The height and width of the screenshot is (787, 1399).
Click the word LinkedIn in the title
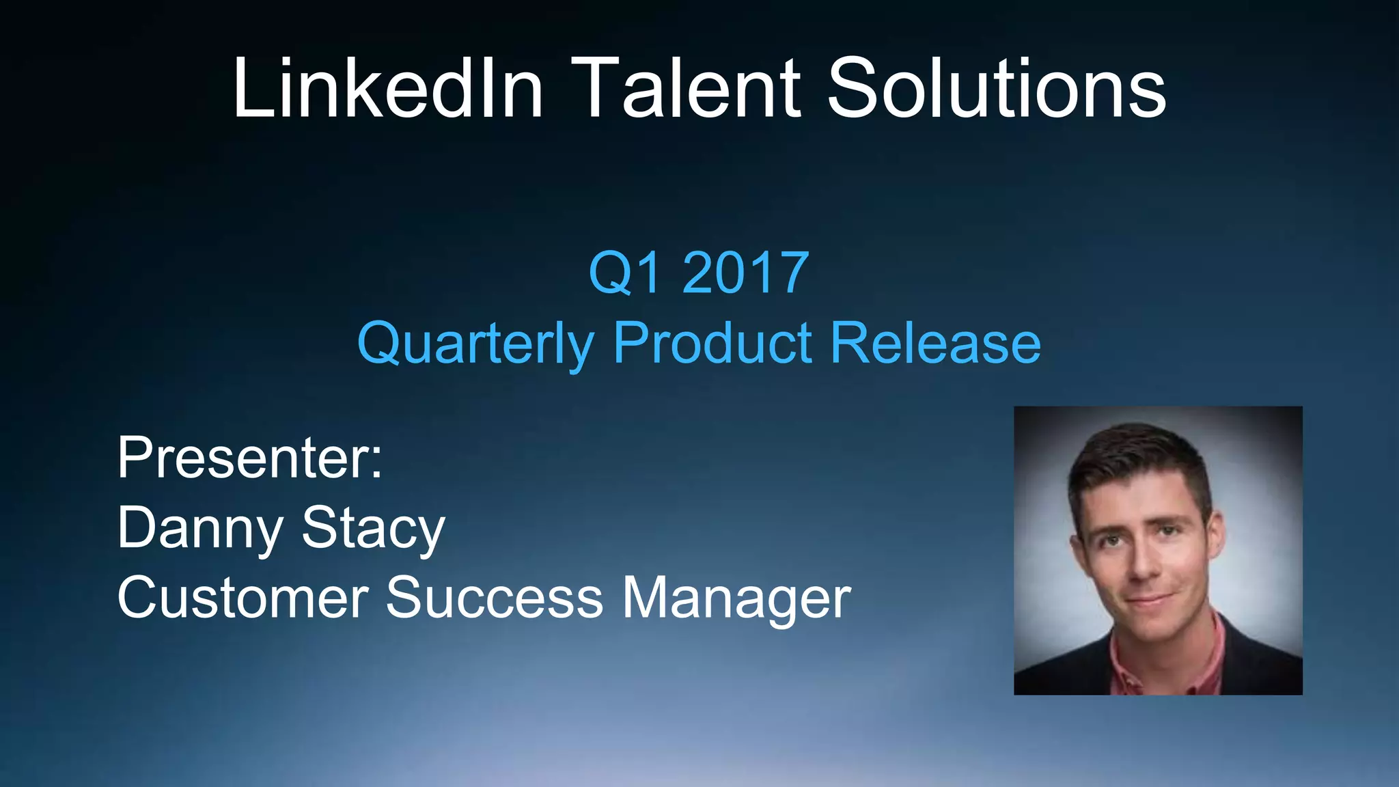click(x=387, y=89)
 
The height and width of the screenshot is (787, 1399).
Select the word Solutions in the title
click(x=996, y=89)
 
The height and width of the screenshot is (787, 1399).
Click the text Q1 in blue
click(x=625, y=273)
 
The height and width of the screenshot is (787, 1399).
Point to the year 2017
click(x=745, y=273)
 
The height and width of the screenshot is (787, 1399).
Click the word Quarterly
click(x=475, y=344)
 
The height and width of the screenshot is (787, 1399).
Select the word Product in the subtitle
click(x=712, y=342)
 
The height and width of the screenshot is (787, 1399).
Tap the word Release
click(x=935, y=342)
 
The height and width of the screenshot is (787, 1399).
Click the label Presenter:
click(x=249, y=458)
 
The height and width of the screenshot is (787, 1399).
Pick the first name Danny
click(x=200, y=529)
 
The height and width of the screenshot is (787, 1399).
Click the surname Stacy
click(x=373, y=529)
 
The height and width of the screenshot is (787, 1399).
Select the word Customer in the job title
click(x=243, y=598)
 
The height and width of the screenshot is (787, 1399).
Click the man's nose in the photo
click(x=1143, y=564)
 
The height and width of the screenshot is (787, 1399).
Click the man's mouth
click(x=1150, y=600)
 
